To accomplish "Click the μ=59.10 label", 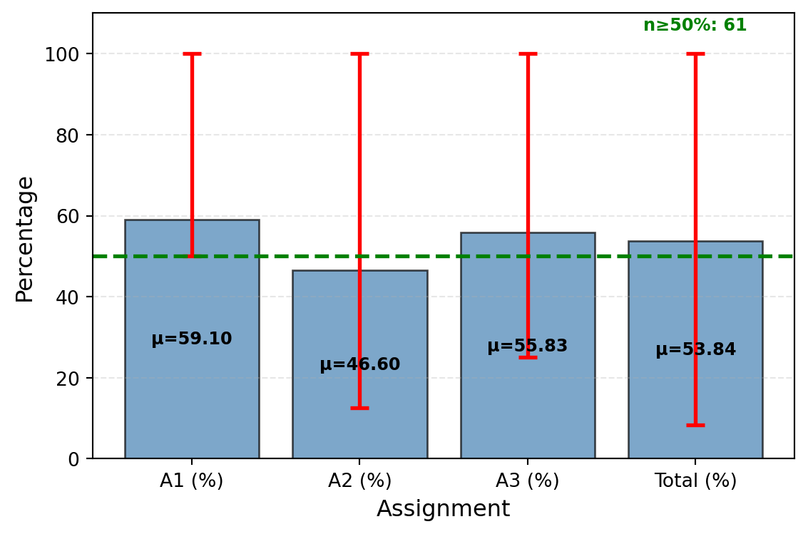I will [191, 339].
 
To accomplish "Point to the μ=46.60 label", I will [359, 365].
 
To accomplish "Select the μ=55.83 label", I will [527, 346].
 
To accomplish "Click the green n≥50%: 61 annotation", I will [695, 26].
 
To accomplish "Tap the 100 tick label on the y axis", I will [62, 54].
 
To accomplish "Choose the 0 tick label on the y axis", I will [73, 459].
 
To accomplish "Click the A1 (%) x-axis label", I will [191, 481].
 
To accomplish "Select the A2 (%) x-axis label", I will [359, 481].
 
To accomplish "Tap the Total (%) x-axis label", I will [695, 481].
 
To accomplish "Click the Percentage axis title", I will [25, 239].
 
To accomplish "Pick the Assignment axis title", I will [443, 509].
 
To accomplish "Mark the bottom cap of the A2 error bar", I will [359, 408].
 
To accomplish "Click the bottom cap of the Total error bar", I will [695, 425].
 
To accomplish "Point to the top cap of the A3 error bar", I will [527, 53].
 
